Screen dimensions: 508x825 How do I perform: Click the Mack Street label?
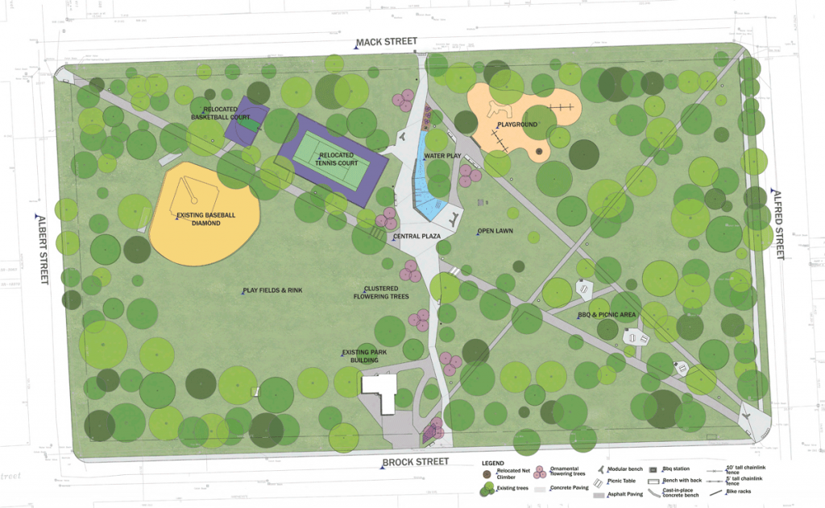390,42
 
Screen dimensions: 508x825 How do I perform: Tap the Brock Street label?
416,463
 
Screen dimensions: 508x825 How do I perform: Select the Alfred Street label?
778,224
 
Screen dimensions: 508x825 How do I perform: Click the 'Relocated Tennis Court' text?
338,159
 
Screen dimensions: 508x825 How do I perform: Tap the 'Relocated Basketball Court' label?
219,113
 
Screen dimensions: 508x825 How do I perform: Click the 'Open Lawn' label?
495,231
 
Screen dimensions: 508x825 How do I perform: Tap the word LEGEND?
492,464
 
